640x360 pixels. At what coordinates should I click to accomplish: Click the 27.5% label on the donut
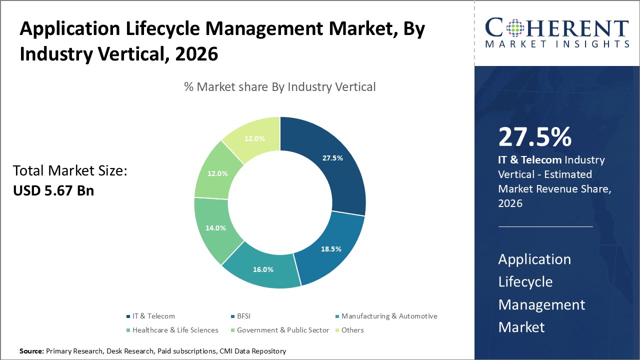pos(332,158)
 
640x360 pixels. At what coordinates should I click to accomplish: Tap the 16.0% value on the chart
pos(263,269)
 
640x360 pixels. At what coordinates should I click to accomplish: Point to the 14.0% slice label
pos(215,228)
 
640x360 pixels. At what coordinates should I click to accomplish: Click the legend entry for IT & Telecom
pos(153,316)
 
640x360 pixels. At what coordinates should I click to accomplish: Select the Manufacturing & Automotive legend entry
pos(389,316)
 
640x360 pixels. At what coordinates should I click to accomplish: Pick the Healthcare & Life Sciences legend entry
pos(175,330)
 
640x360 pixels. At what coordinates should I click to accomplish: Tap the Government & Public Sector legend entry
pos(283,330)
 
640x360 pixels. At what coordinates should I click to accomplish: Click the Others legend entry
pos(352,330)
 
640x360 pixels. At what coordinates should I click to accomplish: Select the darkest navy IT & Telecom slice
pos(330,165)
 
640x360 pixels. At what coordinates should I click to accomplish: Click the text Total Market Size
pos(70,171)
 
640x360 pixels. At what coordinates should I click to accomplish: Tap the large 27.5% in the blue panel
pos(534,137)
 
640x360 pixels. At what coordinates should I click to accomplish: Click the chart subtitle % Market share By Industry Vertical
pos(279,86)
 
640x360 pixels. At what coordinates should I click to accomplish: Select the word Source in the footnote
pos(31,351)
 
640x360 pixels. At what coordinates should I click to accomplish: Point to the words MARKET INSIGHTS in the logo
pos(556,44)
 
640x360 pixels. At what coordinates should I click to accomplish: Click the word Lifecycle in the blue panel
pos(525,281)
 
